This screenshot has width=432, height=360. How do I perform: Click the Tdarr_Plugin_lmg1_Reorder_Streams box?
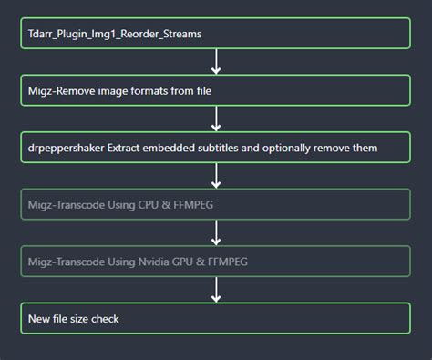(x=215, y=34)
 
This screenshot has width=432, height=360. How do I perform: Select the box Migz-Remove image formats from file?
(x=215, y=90)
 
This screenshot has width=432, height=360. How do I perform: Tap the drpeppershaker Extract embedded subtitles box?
(x=215, y=147)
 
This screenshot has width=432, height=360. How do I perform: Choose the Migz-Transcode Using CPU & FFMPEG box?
(x=215, y=204)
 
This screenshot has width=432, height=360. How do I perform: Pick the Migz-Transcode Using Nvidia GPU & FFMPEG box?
(x=215, y=262)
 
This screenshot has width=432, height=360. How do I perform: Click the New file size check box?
(x=215, y=318)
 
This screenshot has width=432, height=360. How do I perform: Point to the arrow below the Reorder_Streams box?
(x=216, y=62)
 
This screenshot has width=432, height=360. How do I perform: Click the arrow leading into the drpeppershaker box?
(x=216, y=118)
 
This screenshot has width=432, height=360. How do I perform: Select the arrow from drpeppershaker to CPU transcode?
(x=216, y=176)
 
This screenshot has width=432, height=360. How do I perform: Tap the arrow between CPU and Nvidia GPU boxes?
(x=216, y=232)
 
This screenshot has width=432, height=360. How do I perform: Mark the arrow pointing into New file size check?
(x=216, y=290)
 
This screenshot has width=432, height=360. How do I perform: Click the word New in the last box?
(x=39, y=318)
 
